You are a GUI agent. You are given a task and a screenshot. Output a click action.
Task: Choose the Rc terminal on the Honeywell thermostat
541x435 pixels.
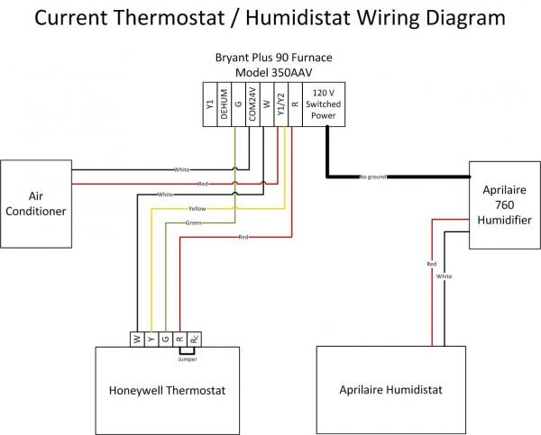[x=195, y=339]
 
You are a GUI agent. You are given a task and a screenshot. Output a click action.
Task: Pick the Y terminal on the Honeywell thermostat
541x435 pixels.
[x=151, y=339]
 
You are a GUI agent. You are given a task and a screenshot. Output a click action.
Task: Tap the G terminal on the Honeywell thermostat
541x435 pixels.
[x=165, y=339]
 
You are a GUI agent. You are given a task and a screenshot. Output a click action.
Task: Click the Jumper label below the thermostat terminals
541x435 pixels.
[x=188, y=358]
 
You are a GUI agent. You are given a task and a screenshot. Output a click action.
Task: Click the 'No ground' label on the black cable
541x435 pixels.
[x=371, y=176]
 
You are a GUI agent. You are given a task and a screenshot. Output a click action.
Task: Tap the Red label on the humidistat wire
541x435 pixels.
[x=432, y=263]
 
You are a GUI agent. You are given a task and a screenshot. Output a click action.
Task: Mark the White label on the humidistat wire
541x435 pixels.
[x=445, y=276]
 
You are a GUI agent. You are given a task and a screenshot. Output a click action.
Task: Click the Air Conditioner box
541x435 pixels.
[x=34, y=204]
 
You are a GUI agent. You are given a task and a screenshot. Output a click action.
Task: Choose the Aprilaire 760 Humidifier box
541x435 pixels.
[x=502, y=204]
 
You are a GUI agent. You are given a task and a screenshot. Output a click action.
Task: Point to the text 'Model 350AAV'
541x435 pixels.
[x=270, y=72]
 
